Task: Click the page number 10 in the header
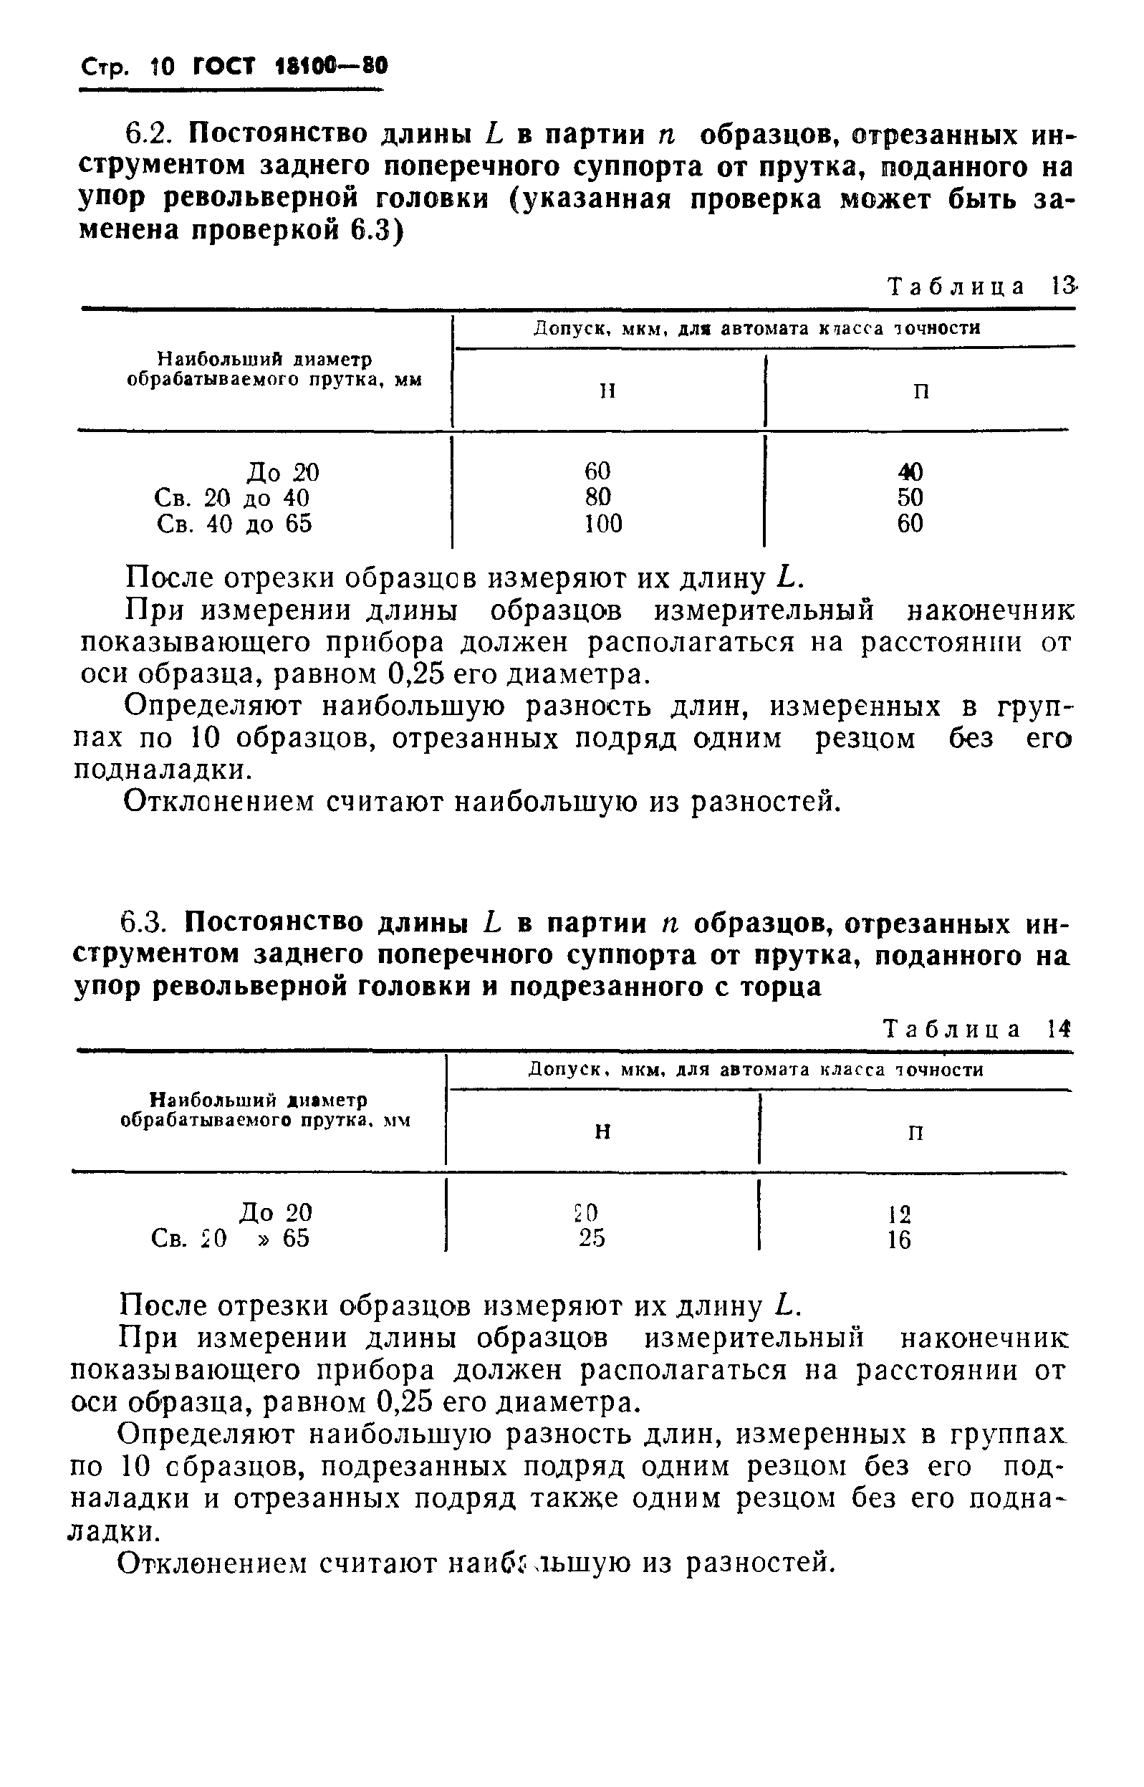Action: pos(161,68)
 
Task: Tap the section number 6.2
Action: pos(152,135)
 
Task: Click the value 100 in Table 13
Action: pos(602,524)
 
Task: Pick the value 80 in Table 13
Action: pos(598,497)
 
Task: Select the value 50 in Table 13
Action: pos(910,497)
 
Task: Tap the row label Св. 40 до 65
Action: pos(235,524)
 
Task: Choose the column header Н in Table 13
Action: pos(607,391)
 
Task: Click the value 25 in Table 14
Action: pos(592,1238)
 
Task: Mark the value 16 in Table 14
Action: pos(899,1240)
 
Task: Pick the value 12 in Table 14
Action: pos(899,1214)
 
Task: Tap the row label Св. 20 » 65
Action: pos(230,1239)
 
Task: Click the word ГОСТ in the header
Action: pos(223,67)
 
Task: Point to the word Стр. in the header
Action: pos(105,69)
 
